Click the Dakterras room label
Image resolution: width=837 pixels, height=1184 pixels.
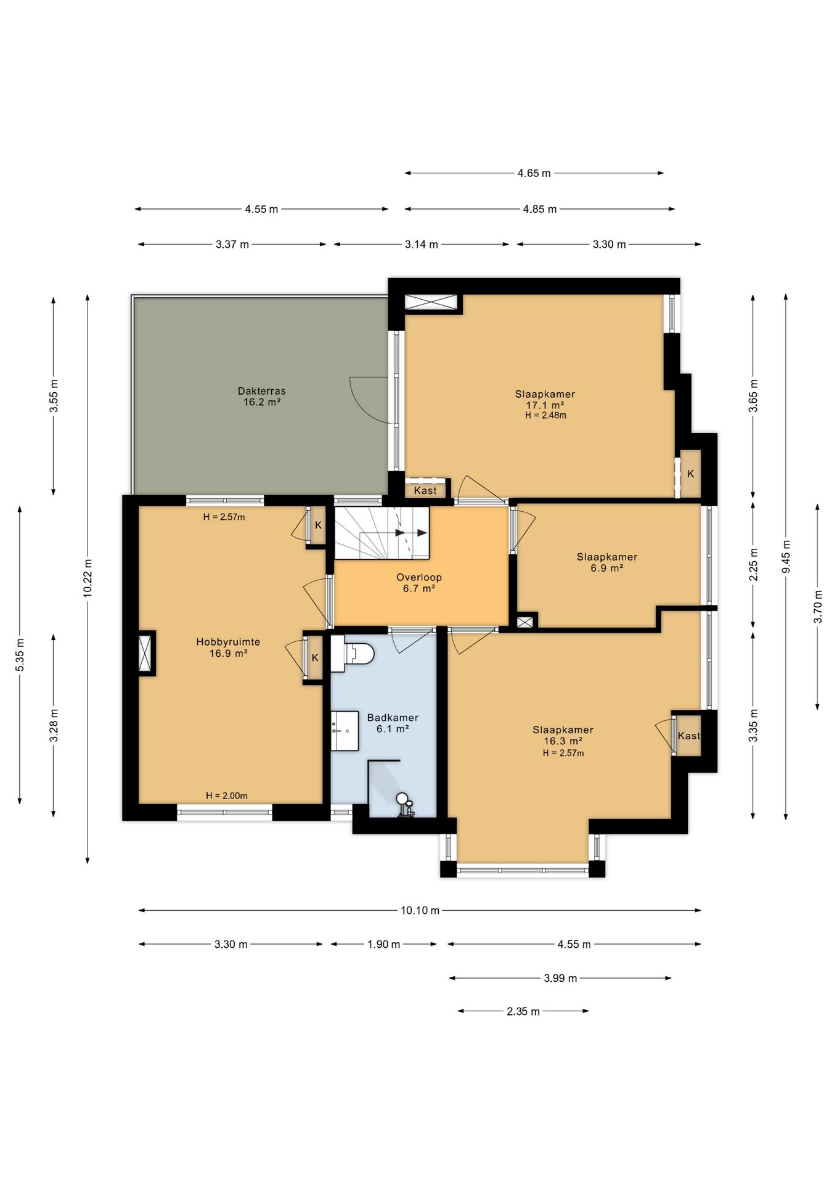[x=262, y=396]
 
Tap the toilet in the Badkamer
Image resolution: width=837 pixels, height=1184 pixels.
[x=353, y=654]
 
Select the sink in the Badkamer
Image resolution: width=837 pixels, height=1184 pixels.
[x=345, y=731]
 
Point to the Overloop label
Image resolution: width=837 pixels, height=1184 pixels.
[x=419, y=583]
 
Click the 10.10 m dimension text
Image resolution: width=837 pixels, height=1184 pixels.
[x=420, y=910]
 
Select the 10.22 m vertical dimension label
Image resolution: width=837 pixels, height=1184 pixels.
[x=88, y=577]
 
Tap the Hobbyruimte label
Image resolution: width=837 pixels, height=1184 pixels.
[x=228, y=647]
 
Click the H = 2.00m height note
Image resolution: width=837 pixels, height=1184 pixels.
[x=227, y=795]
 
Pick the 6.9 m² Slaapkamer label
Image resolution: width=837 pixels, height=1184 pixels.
[x=607, y=562]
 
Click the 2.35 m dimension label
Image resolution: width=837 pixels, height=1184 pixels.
[x=523, y=1011]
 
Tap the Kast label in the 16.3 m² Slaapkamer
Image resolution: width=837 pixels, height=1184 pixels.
[x=688, y=736]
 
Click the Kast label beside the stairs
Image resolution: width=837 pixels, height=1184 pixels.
[x=425, y=491]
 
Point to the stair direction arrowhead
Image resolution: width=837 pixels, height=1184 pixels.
[x=422, y=533]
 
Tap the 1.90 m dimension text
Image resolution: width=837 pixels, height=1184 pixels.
[x=383, y=944]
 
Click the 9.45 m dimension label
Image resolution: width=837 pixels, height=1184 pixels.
[x=786, y=557]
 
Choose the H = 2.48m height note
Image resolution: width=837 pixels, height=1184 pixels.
[x=545, y=415]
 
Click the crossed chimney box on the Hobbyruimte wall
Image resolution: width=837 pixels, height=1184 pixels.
[x=146, y=653]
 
